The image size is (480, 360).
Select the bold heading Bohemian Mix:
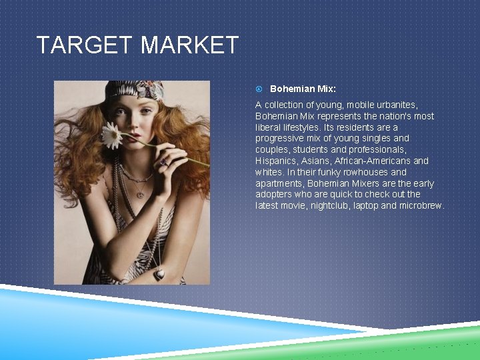pos(303,89)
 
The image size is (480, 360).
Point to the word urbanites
pos(393,105)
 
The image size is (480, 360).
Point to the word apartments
pos(279,183)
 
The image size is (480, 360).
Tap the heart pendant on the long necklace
pos(160,273)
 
